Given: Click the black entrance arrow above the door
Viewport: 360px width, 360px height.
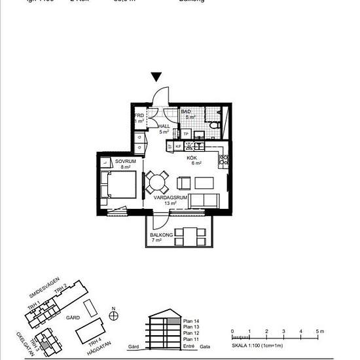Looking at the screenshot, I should click(x=156, y=77).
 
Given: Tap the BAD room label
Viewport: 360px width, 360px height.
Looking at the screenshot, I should click(x=186, y=112).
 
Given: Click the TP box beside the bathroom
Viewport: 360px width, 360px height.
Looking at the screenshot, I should click(x=186, y=134).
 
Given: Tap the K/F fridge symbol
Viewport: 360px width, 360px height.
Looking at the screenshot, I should click(x=178, y=147).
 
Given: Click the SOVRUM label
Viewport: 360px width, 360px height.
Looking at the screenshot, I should click(x=124, y=161).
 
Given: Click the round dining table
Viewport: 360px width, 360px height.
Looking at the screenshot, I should click(x=157, y=180).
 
